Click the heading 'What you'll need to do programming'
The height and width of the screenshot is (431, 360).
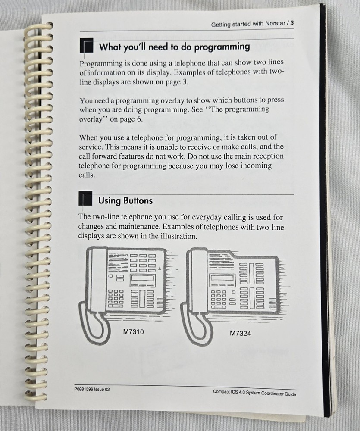click(174, 47)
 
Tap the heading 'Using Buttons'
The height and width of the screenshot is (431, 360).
click(125, 200)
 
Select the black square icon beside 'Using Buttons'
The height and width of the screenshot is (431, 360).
click(86, 200)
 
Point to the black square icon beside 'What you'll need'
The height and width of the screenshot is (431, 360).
click(87, 46)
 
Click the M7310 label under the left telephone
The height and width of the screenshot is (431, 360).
click(134, 332)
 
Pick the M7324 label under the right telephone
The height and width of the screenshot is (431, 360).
click(241, 333)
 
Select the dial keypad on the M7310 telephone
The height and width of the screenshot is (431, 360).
click(116, 297)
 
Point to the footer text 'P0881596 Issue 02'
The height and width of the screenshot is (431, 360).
click(92, 389)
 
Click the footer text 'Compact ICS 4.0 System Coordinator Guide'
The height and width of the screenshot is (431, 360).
click(254, 393)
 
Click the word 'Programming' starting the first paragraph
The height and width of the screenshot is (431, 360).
click(100, 63)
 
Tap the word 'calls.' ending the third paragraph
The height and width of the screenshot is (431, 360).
click(88, 175)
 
